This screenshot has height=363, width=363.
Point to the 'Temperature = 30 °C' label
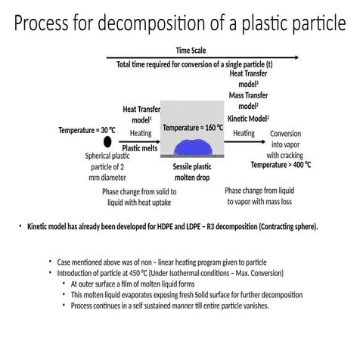(x=87, y=130)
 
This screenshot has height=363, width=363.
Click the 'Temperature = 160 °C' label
(x=193, y=128)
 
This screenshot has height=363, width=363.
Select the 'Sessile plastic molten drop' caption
(x=193, y=172)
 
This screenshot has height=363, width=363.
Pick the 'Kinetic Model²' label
(x=248, y=119)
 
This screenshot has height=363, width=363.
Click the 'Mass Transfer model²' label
(x=248, y=101)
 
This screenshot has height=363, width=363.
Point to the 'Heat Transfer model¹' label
(x=141, y=114)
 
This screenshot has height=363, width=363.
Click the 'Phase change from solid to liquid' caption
(x=141, y=197)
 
